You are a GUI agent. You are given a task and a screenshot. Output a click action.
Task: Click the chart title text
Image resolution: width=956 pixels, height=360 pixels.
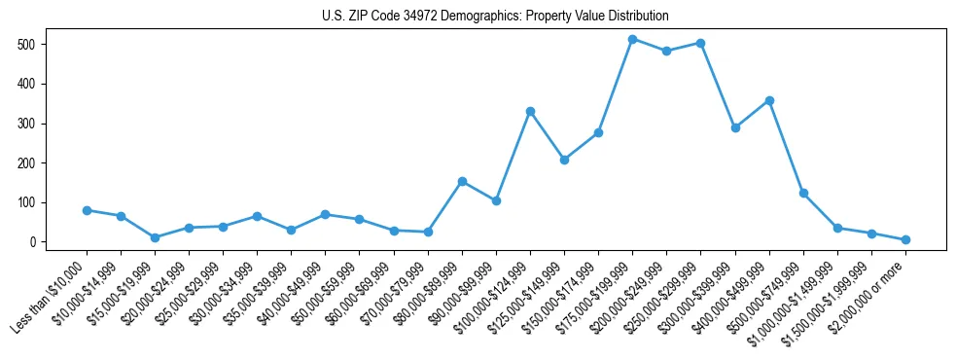(x=495, y=16)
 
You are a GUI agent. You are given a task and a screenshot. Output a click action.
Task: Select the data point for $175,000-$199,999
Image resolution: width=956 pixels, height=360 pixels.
(x=632, y=40)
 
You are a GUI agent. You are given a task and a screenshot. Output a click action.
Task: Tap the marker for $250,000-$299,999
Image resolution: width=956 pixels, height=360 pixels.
(x=700, y=44)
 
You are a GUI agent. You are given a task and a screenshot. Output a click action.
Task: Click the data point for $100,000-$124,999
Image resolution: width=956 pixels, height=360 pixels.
(x=530, y=112)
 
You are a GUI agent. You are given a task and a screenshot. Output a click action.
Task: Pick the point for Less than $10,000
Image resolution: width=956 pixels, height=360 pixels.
(x=87, y=210)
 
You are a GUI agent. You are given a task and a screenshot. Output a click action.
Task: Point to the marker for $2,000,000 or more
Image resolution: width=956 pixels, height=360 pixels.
(x=905, y=239)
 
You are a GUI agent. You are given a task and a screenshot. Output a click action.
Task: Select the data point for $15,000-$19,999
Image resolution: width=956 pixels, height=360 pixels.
(x=155, y=237)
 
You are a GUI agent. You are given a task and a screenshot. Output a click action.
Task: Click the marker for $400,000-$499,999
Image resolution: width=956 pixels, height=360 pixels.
(x=769, y=100)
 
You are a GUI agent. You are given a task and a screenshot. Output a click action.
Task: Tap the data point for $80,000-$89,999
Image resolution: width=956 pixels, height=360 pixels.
(x=462, y=181)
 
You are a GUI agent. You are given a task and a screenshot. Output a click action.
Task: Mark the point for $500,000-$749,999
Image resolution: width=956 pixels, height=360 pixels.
(x=803, y=194)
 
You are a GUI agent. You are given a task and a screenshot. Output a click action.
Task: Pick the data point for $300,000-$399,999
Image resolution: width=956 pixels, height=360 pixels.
(x=735, y=127)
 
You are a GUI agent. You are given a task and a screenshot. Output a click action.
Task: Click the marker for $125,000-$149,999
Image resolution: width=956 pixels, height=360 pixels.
(x=564, y=160)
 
